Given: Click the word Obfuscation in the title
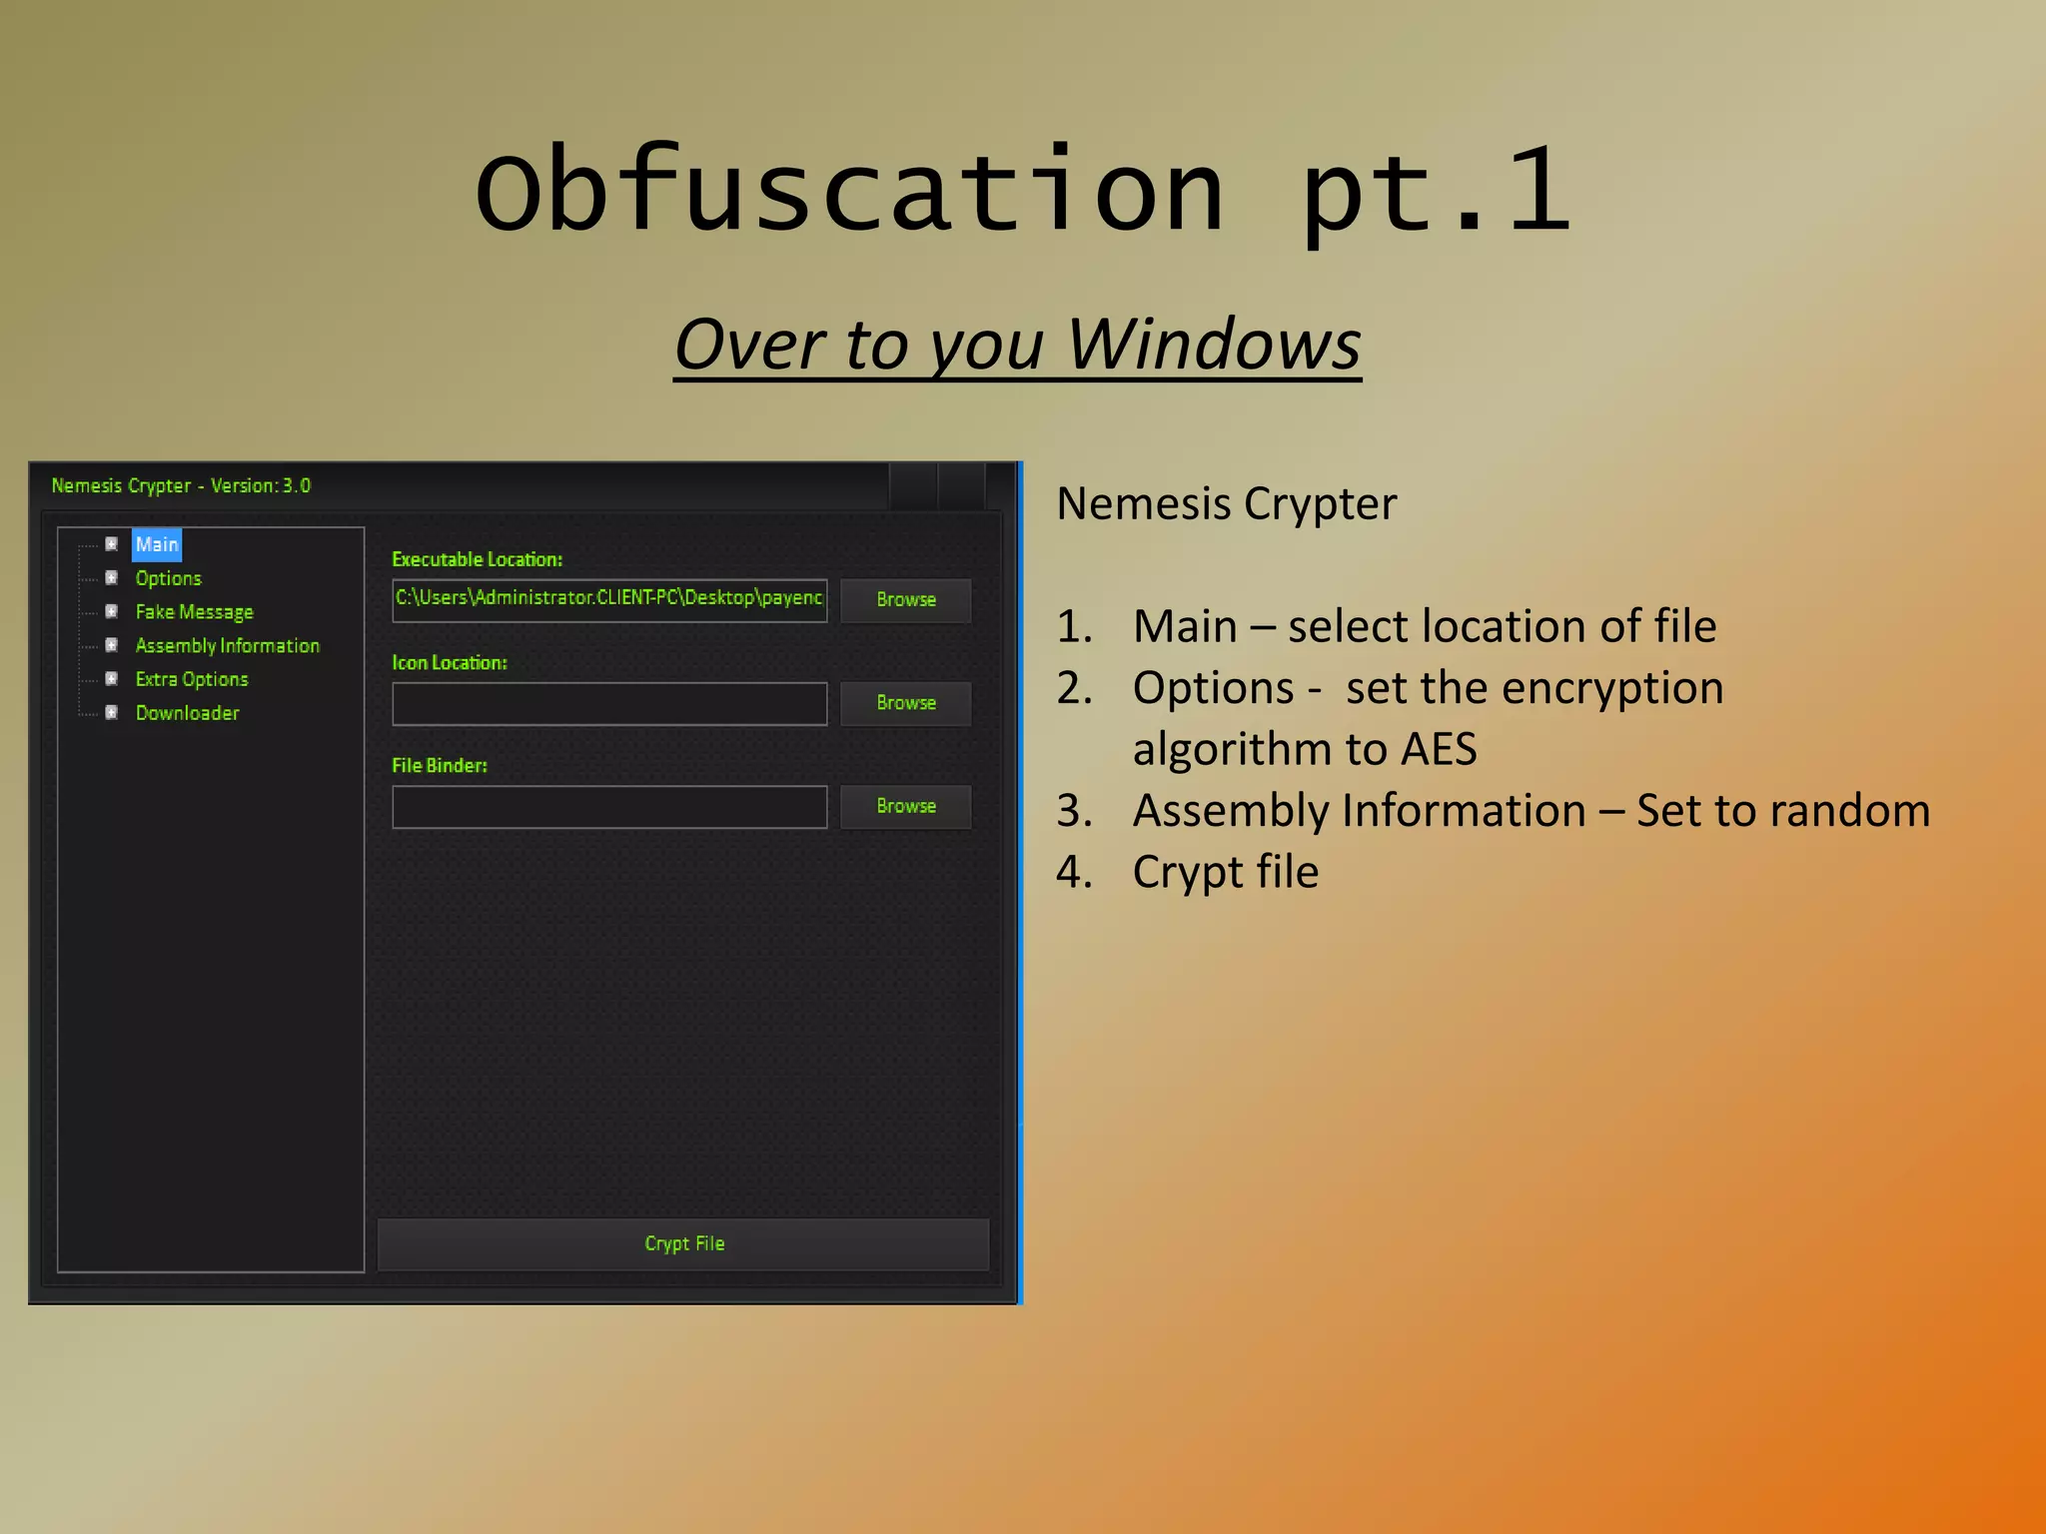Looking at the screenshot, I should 849,190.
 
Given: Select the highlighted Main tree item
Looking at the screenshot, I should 157,544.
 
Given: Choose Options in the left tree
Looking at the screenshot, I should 168,578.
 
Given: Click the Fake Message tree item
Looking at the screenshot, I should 194,612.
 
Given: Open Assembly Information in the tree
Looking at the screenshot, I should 227,646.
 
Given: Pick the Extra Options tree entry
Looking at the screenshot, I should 191,679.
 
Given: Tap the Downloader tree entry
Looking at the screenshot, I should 187,713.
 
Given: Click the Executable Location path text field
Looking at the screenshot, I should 609,599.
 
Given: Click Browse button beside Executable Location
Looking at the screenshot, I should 905,600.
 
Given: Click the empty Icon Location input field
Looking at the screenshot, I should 609,704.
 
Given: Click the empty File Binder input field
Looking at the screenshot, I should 609,807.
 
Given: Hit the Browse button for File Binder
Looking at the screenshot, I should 905,806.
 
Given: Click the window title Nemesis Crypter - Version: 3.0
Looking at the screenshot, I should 181,485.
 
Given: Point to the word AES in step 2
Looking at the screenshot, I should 1438,749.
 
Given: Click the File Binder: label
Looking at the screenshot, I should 439,766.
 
